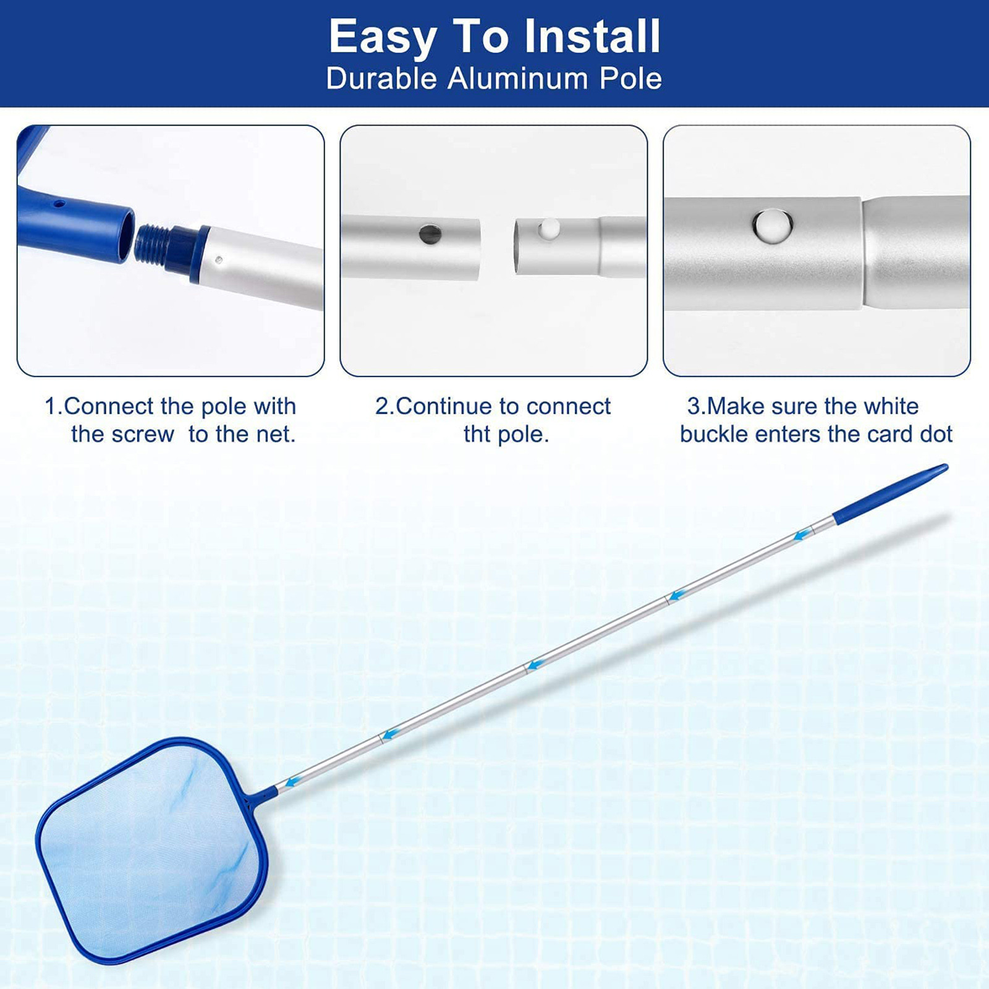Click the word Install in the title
tap(593, 36)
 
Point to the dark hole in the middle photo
tap(430, 234)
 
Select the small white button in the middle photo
tap(549, 229)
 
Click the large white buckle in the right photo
tap(773, 226)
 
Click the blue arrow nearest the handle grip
tap(802, 535)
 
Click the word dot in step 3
tap(936, 434)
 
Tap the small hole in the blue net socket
tap(58, 202)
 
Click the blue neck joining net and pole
tap(263, 796)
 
